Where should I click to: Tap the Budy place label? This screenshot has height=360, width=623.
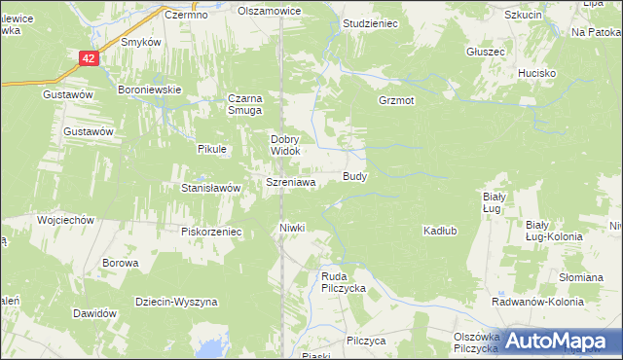click(x=354, y=177)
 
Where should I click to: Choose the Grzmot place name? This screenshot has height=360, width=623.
click(x=396, y=100)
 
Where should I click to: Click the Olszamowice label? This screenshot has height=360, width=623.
click(x=270, y=11)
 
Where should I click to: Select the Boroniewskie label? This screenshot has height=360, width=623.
click(x=150, y=90)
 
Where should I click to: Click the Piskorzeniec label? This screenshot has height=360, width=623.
click(x=210, y=232)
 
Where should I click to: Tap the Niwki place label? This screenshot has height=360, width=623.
click(x=292, y=228)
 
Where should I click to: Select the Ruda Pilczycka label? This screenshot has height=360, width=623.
click(x=343, y=283)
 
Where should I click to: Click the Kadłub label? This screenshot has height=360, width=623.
click(x=440, y=231)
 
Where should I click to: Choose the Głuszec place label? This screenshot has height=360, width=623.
click(x=485, y=51)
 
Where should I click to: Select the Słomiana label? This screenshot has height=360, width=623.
click(x=581, y=277)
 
